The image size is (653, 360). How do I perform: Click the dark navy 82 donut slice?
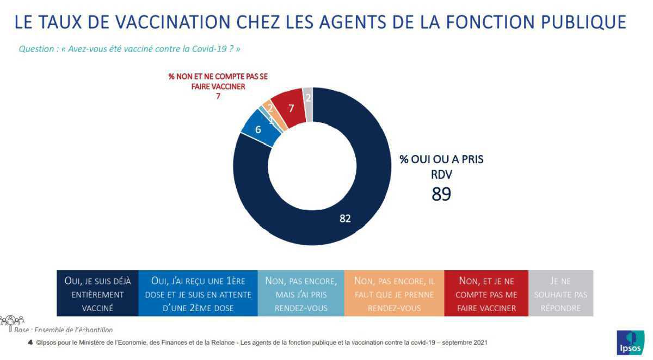pos(345,218)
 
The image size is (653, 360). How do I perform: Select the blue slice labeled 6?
pos(258,130)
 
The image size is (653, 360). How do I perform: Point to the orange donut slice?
pos(269,109)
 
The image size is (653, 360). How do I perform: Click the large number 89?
pos(441,194)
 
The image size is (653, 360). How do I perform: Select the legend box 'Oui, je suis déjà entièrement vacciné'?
pos(97,294)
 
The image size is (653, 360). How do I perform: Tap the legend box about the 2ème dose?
pos(198,294)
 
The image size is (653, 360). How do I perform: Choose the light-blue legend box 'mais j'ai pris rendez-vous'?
pos(300,294)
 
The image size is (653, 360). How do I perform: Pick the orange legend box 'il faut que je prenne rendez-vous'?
pos(394,294)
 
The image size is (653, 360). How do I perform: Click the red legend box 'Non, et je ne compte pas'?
pos(486,294)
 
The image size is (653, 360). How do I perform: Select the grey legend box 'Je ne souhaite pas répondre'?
pos(561,294)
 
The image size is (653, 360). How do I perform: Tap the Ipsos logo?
pos(630,343)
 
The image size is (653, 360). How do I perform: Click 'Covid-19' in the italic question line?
pos(207,49)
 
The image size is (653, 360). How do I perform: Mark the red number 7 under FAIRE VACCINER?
pos(218,97)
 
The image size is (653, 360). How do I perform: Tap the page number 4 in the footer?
pos(30,343)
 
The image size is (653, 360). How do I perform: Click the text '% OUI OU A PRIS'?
pos(441,160)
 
